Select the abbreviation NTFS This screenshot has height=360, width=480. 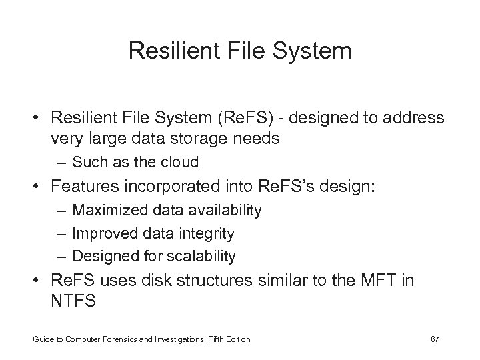coord(73,301)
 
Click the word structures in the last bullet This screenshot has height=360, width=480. coord(207,280)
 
